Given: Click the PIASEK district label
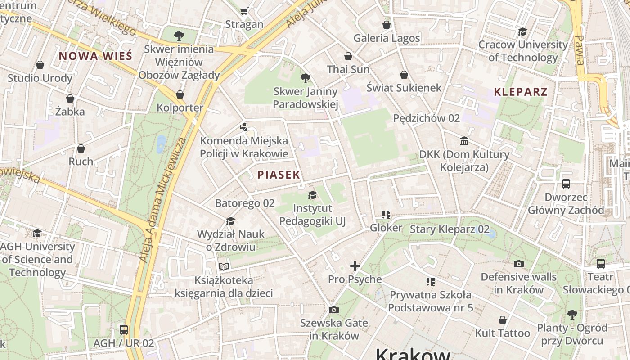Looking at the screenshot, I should [279, 175].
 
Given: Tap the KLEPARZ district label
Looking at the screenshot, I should [521, 92].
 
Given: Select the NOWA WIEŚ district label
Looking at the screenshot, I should [96, 56].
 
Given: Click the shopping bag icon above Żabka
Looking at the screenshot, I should [70, 99].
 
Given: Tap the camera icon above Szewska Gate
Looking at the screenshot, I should [333, 310].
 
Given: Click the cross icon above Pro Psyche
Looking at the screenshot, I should [355, 266].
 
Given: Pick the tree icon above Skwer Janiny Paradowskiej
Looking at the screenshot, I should [306, 78].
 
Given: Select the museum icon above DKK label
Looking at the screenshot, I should [464, 141].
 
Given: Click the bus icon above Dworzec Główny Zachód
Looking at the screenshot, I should [566, 184].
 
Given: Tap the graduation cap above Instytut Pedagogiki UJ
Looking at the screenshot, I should [312, 195].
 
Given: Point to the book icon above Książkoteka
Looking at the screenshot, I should [224, 266].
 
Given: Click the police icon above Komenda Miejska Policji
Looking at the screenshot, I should [243, 127].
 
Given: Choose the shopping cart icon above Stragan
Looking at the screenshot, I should [244, 11].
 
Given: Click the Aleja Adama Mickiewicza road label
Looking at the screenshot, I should [163, 200].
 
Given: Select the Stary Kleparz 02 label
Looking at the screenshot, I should [449, 229].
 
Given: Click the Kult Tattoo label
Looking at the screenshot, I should [503, 333].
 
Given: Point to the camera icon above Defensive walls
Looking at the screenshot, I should [519, 264].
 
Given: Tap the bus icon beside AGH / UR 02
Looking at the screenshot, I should [124, 329].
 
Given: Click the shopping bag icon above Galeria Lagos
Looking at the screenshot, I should [387, 25].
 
